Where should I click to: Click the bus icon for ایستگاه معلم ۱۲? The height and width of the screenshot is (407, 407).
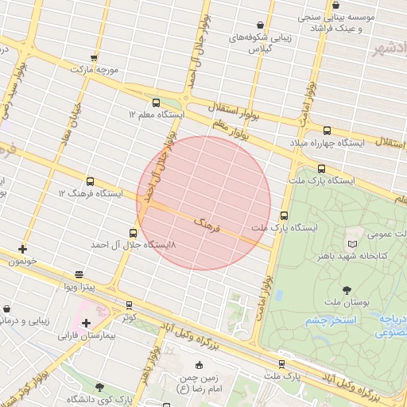156,103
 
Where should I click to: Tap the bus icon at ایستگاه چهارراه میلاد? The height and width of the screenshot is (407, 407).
327,130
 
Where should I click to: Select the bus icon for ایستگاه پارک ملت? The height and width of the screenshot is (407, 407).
321,169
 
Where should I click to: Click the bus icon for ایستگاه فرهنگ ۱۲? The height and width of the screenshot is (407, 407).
89,181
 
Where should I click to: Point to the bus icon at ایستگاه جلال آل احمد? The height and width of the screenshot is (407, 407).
133,234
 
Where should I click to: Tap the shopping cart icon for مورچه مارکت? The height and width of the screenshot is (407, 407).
94,57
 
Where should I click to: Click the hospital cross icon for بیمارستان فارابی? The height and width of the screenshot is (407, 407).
86,322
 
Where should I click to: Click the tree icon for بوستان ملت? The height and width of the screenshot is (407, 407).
347,290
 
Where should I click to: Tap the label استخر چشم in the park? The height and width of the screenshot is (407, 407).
329,320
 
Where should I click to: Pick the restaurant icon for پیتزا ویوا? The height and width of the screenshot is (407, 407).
78,274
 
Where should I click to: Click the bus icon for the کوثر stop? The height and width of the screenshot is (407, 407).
129,304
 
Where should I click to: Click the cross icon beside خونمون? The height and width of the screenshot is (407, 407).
22,249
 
